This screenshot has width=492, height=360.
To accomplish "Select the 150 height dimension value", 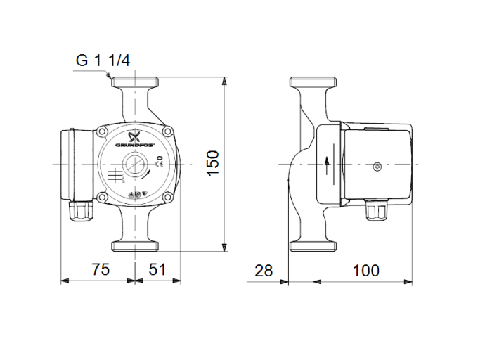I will click(213, 162).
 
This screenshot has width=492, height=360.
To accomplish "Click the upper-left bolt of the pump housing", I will click(103, 131).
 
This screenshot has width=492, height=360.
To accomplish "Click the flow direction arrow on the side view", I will click(328, 164).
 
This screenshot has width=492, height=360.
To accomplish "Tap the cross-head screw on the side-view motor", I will click(377, 167).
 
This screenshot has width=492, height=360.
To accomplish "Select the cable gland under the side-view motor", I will click(374, 209).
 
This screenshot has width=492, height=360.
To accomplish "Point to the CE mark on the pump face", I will click(160, 160).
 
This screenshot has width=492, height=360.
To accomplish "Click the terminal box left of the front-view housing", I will click(76, 162).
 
